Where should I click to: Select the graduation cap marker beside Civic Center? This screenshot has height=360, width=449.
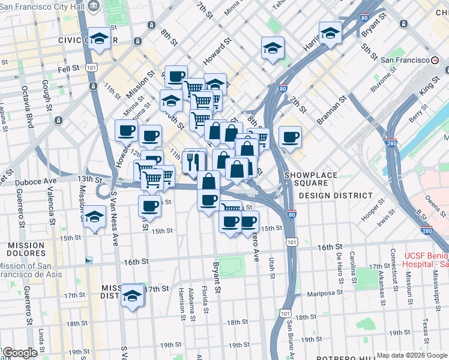100,39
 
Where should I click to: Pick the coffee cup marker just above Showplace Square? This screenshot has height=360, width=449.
289,137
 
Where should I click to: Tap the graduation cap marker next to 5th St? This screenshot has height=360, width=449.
330,34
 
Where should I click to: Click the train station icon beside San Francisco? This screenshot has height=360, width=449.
435,61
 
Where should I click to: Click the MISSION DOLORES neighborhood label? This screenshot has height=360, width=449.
26,250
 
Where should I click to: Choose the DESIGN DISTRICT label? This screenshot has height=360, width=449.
336,196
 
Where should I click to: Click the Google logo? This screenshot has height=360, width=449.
19,353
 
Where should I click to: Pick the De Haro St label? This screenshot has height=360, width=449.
339,263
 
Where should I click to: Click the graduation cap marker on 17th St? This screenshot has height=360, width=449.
132,296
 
